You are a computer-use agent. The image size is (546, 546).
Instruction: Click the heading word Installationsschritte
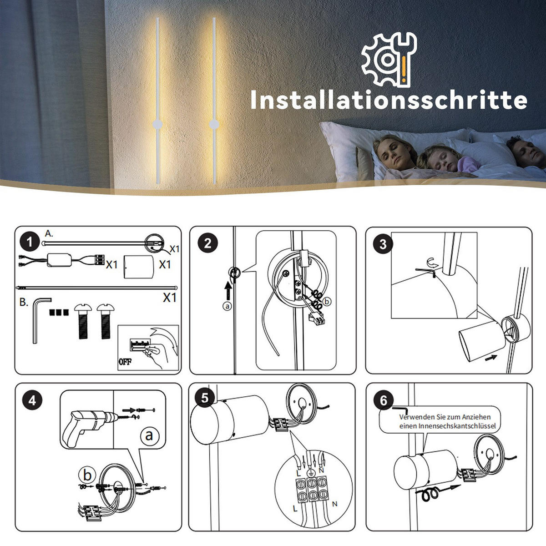click(x=389, y=100)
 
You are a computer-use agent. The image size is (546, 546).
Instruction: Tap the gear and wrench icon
click(x=389, y=58)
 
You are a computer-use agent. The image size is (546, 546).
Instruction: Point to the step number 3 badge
click(x=383, y=244)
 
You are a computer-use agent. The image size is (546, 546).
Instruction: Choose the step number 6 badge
click(x=383, y=400)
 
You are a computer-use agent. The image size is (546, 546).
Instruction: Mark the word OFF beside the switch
click(x=124, y=363)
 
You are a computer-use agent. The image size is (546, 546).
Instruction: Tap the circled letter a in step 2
click(x=227, y=306)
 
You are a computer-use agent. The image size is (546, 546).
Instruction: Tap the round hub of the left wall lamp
click(x=157, y=124)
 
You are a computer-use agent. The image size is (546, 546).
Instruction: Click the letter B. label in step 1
click(x=24, y=302)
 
